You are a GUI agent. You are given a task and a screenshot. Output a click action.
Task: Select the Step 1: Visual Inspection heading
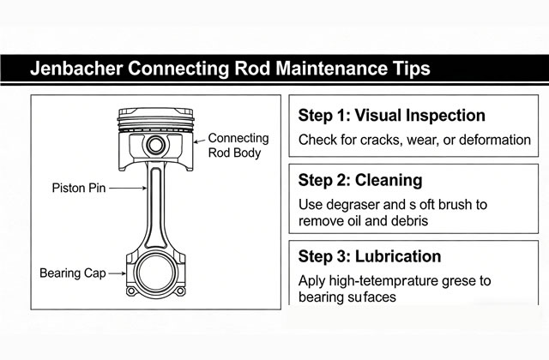point(379,116)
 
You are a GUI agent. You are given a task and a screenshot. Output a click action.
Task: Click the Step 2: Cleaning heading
point(360,182)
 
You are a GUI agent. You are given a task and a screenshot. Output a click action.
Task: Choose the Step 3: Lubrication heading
point(370,256)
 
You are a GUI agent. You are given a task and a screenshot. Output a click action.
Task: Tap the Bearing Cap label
point(74,274)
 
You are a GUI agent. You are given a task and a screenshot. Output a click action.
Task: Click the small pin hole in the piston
point(156,142)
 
